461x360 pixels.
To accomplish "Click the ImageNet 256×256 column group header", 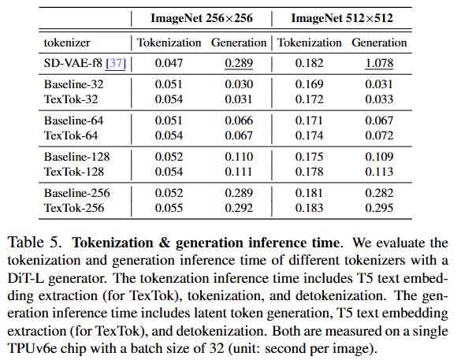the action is point(202,18).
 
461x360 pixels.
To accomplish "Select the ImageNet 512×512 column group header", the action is point(342,18).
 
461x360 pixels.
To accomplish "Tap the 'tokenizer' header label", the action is point(67,43).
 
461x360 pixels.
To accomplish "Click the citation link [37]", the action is point(116,64).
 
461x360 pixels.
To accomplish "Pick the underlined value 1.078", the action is point(379,64).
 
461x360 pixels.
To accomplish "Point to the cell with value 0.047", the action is point(169,63).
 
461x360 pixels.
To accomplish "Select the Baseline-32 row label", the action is point(73,84).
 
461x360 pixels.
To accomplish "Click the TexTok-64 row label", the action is point(71,135).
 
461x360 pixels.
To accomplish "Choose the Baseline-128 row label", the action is point(76,157).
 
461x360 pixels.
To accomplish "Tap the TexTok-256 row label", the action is point(74,208).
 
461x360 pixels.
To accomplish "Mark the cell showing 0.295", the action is point(379,208).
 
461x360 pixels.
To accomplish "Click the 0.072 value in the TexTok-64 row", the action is point(379,135).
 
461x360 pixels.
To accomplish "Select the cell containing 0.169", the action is point(309,84).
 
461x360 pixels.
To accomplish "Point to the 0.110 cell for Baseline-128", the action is point(239,157).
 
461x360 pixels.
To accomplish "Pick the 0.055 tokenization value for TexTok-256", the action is point(169,208).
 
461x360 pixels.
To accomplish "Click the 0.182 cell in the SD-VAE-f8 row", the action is point(309,63).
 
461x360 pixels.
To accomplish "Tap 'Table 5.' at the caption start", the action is point(35,243).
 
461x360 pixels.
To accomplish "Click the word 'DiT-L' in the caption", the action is point(25,278).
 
